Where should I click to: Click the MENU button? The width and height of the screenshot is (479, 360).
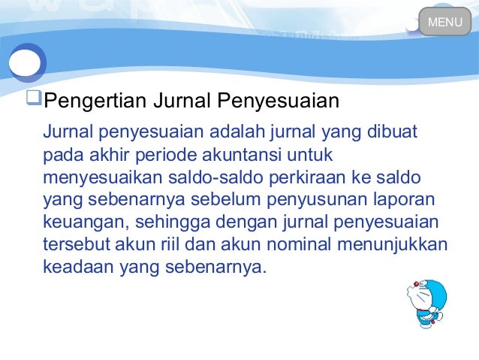(444, 22)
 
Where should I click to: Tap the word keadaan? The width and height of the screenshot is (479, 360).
(74, 267)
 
